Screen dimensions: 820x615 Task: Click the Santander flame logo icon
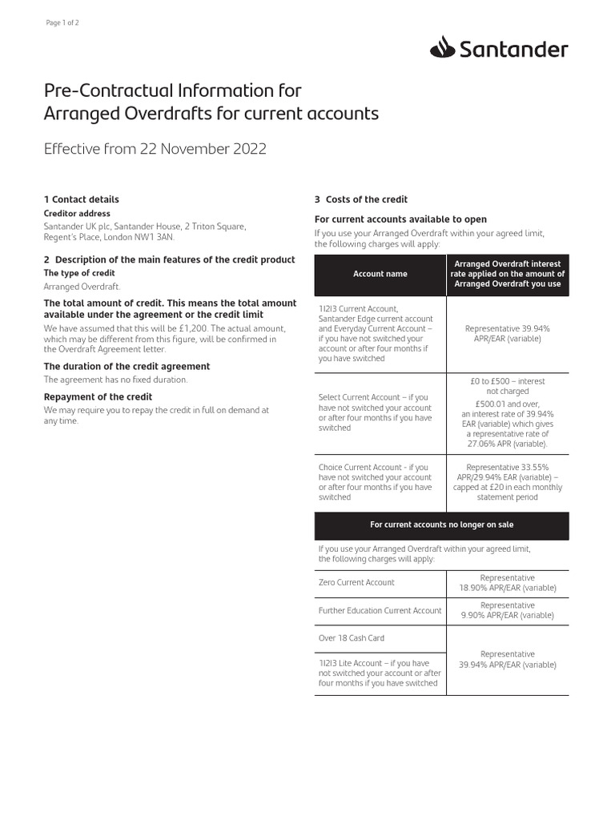click(x=443, y=49)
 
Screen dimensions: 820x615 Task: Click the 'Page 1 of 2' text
click(x=63, y=22)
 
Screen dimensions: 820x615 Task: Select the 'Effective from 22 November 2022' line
click(x=155, y=149)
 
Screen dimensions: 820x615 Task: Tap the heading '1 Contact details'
click(x=81, y=199)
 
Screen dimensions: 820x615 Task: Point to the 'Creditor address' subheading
click(x=77, y=214)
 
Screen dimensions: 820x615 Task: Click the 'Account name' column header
click(x=380, y=274)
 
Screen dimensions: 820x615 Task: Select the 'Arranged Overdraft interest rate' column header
click(x=508, y=274)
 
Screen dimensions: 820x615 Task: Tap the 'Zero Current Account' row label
click(x=356, y=582)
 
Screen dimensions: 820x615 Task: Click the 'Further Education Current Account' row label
click(x=380, y=610)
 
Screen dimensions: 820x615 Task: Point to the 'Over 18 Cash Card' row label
click(x=352, y=638)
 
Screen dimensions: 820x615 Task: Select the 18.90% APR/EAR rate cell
click(x=508, y=583)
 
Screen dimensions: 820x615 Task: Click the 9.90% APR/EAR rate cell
click(x=508, y=610)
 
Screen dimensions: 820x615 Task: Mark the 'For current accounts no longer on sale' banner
click(x=442, y=525)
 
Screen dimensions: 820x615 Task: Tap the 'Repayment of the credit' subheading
click(x=98, y=397)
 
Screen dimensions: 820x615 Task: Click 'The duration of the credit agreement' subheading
click(x=127, y=366)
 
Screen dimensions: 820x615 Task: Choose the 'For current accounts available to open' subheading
click(x=400, y=219)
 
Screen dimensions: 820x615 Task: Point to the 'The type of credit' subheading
click(x=79, y=273)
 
